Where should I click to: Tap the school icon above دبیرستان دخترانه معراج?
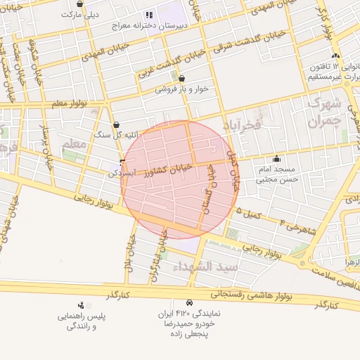pyautogui.click(x=148, y=15)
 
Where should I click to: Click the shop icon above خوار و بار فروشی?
pyautogui.click(x=182, y=79)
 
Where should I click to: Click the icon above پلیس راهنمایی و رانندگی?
pyautogui.click(x=82, y=305)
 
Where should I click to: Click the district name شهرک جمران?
pyautogui.click(x=325, y=112)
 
